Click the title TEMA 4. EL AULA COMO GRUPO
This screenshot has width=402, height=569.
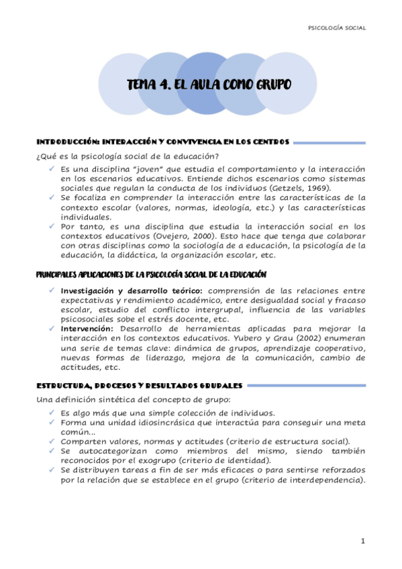point(209,85)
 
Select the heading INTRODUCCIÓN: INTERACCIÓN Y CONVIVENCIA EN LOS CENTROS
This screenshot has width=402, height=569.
point(162,142)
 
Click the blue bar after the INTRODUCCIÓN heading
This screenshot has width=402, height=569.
point(330,142)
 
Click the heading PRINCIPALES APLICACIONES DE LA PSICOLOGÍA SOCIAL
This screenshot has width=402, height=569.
point(151,274)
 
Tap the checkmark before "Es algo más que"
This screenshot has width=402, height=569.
point(52,413)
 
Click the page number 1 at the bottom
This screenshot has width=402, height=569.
point(362,541)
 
